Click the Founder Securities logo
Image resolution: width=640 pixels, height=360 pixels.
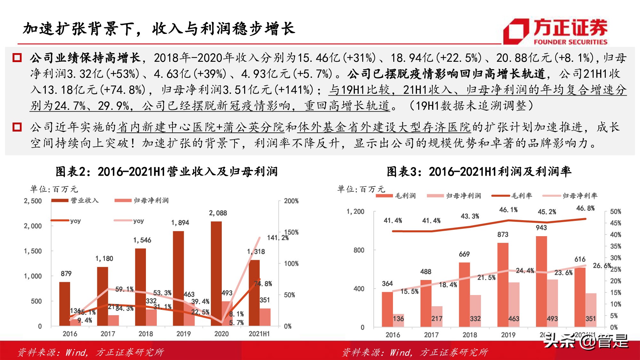pos(555,31)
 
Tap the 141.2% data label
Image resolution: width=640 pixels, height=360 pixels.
pos(277,238)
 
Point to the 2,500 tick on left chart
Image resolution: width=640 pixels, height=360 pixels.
pos(33,201)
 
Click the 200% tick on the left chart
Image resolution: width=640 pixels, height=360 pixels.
pos(291,201)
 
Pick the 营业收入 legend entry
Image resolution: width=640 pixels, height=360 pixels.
pos(75,200)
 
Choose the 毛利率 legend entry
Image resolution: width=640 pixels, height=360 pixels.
pos(512,196)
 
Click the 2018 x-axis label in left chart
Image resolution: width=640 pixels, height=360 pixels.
pos(146,334)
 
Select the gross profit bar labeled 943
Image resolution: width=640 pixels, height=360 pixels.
pos(541,282)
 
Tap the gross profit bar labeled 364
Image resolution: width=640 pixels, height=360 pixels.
pos(387,309)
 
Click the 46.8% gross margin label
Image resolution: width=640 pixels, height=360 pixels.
pos(585,208)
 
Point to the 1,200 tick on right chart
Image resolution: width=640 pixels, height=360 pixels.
pos(355,212)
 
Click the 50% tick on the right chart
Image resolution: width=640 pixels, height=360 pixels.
pos(615,212)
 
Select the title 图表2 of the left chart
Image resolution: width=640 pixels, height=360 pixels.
pos(166,172)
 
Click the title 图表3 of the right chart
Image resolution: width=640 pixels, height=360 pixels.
pos(479,172)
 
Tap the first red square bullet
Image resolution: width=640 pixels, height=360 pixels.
pos(17,58)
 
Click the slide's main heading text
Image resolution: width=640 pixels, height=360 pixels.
pos(159,29)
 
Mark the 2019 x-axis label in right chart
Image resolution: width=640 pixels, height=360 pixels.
pos(508,335)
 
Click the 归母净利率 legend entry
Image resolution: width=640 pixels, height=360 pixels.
pos(570,196)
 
